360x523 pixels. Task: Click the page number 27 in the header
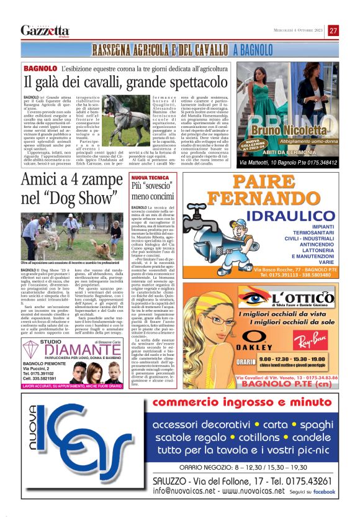333,30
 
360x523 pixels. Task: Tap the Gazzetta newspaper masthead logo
45,30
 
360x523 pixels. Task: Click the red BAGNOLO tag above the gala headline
41,67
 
